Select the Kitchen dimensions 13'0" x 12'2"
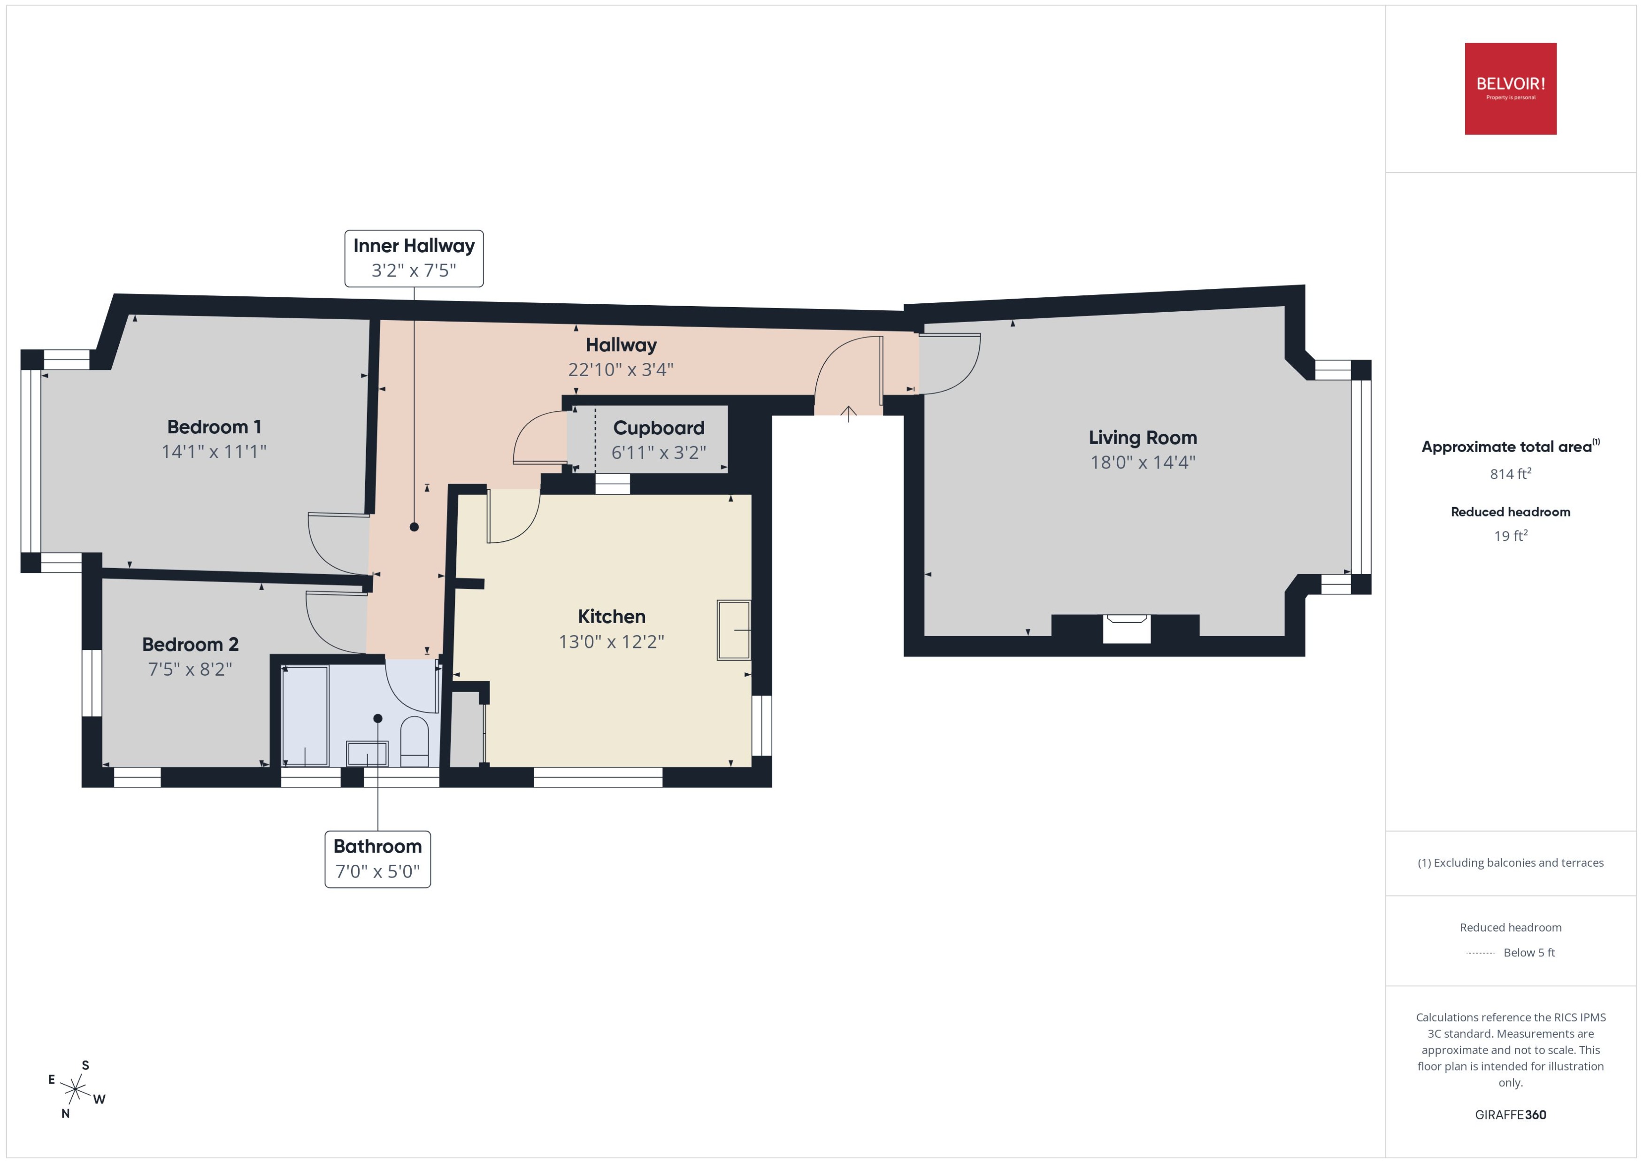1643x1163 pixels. (611, 642)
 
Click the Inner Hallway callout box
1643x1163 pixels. (414, 259)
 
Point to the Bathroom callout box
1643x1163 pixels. (377, 859)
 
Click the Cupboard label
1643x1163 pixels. (658, 428)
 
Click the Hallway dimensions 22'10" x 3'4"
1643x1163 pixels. (620, 370)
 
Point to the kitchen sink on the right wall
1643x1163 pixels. (733, 630)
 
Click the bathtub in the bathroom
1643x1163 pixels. (305, 716)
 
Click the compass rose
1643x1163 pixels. (75, 1090)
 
